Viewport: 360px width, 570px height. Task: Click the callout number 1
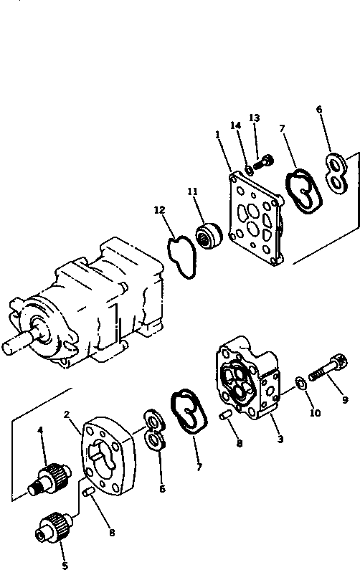(217, 134)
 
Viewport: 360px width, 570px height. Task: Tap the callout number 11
(192, 191)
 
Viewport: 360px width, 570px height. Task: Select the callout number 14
(235, 125)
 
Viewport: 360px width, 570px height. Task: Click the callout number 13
(253, 118)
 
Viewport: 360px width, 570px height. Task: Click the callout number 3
(280, 439)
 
